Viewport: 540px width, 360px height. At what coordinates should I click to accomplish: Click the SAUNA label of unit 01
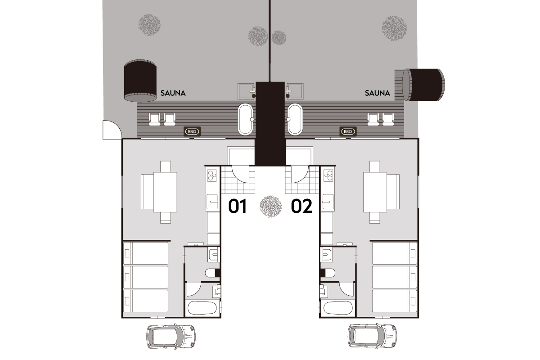pyautogui.click(x=173, y=93)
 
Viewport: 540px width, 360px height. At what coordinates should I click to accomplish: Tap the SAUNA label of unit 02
pyautogui.click(x=377, y=93)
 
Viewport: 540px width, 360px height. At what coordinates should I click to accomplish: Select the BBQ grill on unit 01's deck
pyautogui.click(x=192, y=132)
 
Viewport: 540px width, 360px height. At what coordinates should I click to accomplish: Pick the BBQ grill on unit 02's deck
pyautogui.click(x=348, y=132)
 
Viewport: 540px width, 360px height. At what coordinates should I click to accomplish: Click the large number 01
pyautogui.click(x=238, y=206)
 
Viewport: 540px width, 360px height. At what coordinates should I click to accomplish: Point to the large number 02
pyautogui.click(x=301, y=206)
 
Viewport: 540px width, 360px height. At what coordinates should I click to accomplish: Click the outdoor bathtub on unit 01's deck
pyautogui.click(x=245, y=119)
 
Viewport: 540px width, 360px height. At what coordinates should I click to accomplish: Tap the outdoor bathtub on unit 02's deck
pyautogui.click(x=295, y=119)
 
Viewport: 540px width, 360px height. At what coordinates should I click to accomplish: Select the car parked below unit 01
pyautogui.click(x=171, y=336)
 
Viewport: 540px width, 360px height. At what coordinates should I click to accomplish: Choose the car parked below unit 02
pyautogui.click(x=372, y=336)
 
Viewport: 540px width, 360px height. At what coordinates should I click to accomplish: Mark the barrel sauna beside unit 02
pyautogui.click(x=424, y=85)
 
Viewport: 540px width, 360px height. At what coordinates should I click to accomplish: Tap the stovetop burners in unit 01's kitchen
pyautogui.click(x=212, y=175)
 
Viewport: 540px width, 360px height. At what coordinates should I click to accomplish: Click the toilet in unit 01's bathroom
pyautogui.click(x=212, y=273)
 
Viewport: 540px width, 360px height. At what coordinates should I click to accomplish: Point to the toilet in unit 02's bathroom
pyautogui.click(x=328, y=273)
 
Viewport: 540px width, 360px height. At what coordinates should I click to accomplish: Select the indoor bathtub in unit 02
pyautogui.click(x=338, y=308)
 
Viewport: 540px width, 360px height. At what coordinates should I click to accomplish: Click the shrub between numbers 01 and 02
pyautogui.click(x=270, y=207)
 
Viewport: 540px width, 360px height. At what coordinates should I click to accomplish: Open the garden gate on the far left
pyautogui.click(x=112, y=130)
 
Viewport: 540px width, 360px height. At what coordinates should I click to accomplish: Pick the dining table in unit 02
pyautogui.click(x=375, y=192)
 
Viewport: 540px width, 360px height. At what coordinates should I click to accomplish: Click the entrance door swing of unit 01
pyautogui.click(x=240, y=174)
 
